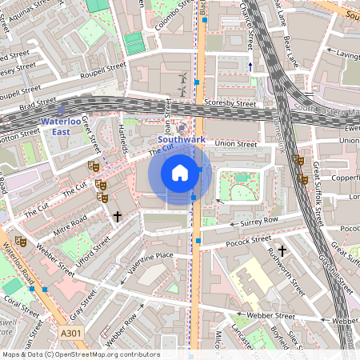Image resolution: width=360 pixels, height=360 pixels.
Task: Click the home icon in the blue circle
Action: (180, 173)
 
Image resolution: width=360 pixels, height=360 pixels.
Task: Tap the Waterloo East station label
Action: (62, 127)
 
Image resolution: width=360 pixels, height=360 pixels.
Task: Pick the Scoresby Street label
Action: (230, 104)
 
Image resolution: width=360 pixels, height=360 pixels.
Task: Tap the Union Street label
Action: (235, 144)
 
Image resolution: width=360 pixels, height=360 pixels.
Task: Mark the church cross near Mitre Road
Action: (118, 216)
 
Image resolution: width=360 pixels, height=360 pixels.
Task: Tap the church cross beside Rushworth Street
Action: (282, 250)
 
